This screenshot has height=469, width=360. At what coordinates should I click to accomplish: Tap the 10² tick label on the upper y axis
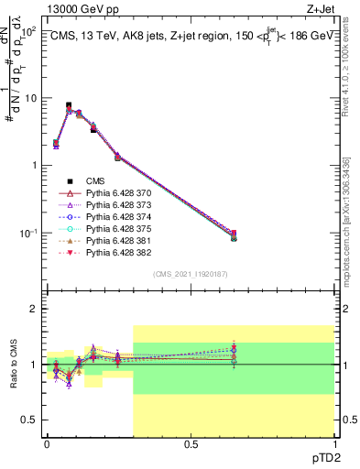coord(29,30)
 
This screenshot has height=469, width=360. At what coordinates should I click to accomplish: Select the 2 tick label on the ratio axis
coord(34,310)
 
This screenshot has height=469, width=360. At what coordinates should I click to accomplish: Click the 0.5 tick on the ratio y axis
coord(29,420)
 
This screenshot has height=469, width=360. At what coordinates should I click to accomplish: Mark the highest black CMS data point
coord(69,105)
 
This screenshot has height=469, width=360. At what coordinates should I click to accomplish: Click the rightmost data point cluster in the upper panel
coord(234,236)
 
